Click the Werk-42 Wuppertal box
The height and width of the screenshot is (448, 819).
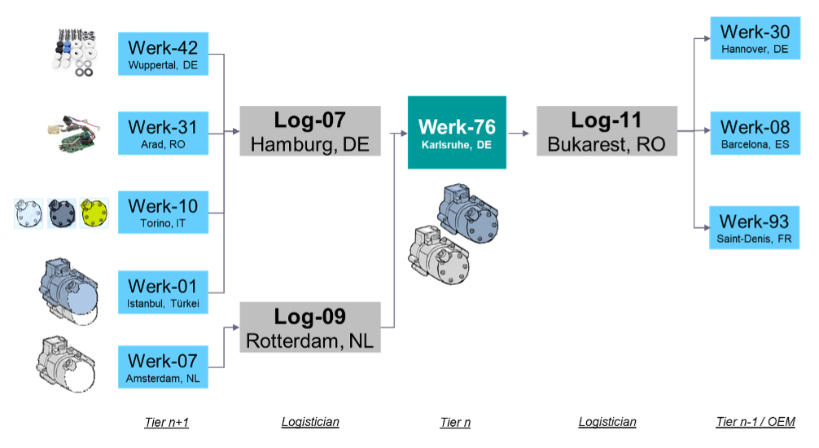pos(163,54)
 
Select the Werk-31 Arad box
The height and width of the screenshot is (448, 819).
pos(163,133)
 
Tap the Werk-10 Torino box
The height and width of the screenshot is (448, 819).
pos(163,212)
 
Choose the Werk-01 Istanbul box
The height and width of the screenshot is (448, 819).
pos(163,292)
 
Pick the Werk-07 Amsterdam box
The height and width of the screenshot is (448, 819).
pos(163,367)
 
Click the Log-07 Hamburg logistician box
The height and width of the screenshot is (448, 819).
pos(310,132)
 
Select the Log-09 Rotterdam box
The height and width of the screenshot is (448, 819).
pos(310,327)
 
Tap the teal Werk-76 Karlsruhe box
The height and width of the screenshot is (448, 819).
pos(457,132)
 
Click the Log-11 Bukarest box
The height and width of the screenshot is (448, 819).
pos(607,132)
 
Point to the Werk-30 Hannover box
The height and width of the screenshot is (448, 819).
pos(755,38)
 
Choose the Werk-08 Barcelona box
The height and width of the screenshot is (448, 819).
pos(755,133)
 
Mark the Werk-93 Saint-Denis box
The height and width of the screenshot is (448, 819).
pos(755,227)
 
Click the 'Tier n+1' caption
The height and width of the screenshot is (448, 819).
pos(166,422)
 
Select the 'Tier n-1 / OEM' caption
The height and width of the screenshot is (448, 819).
pos(755,422)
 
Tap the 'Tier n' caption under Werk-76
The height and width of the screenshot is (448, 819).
pos(455,422)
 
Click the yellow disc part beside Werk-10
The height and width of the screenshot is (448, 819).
pos(94,213)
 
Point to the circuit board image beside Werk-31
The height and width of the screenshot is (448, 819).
pos(73,134)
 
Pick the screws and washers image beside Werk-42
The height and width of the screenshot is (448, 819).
pos(72,52)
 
